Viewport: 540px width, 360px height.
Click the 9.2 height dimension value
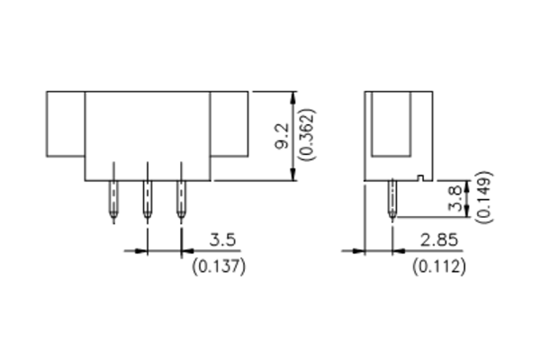(282, 136)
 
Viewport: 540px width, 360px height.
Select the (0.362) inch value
(307, 136)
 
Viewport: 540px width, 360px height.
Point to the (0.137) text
(220, 266)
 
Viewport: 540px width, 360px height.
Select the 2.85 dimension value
(440, 241)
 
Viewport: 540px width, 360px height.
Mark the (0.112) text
(438, 266)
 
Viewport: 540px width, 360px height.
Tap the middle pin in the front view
(147, 198)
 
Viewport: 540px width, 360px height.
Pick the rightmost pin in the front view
(181, 198)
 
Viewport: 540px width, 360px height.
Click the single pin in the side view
(393, 198)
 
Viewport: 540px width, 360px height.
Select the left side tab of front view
(66, 125)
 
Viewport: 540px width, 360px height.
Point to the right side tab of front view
(229, 125)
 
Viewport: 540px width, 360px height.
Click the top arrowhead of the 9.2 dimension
(292, 96)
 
